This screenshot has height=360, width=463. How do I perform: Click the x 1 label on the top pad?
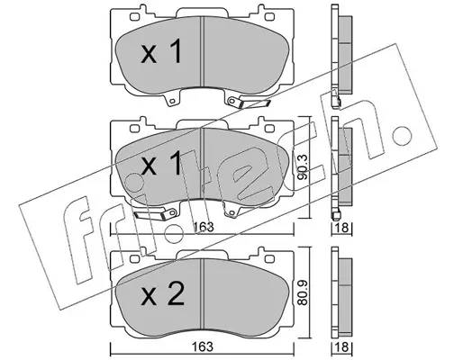click(x=161, y=51)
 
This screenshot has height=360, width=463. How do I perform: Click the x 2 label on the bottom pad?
click(x=162, y=294)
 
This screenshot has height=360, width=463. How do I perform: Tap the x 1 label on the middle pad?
click(x=161, y=164)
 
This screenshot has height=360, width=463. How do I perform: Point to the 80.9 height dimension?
click(x=303, y=292)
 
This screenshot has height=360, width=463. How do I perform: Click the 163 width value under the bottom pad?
click(x=203, y=346)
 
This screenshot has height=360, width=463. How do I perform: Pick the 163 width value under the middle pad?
click(x=203, y=227)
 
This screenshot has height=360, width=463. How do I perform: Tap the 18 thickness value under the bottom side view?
click(x=341, y=346)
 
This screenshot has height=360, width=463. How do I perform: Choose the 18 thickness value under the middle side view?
click(x=341, y=228)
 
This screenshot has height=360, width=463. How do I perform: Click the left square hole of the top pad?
click(x=134, y=16)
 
